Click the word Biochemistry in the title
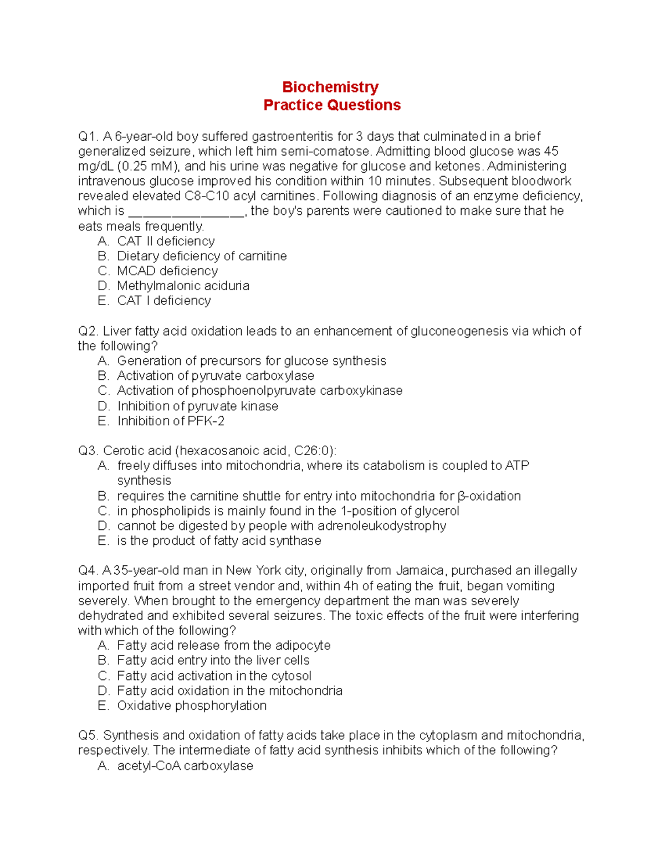pos(330,87)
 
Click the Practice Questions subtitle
pos(332,105)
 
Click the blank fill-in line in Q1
pos(186,212)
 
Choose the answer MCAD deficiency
pos(167,271)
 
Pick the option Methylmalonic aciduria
pos(183,286)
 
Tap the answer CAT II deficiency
pos(166,241)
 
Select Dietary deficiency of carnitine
pos(202,256)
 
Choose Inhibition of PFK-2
pos(171,421)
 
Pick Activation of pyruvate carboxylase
pos(215,375)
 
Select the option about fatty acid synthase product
pos(219,540)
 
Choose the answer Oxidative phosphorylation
pos(192,705)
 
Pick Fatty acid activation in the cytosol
pos(214,676)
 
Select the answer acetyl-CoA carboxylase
pos(185,766)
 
